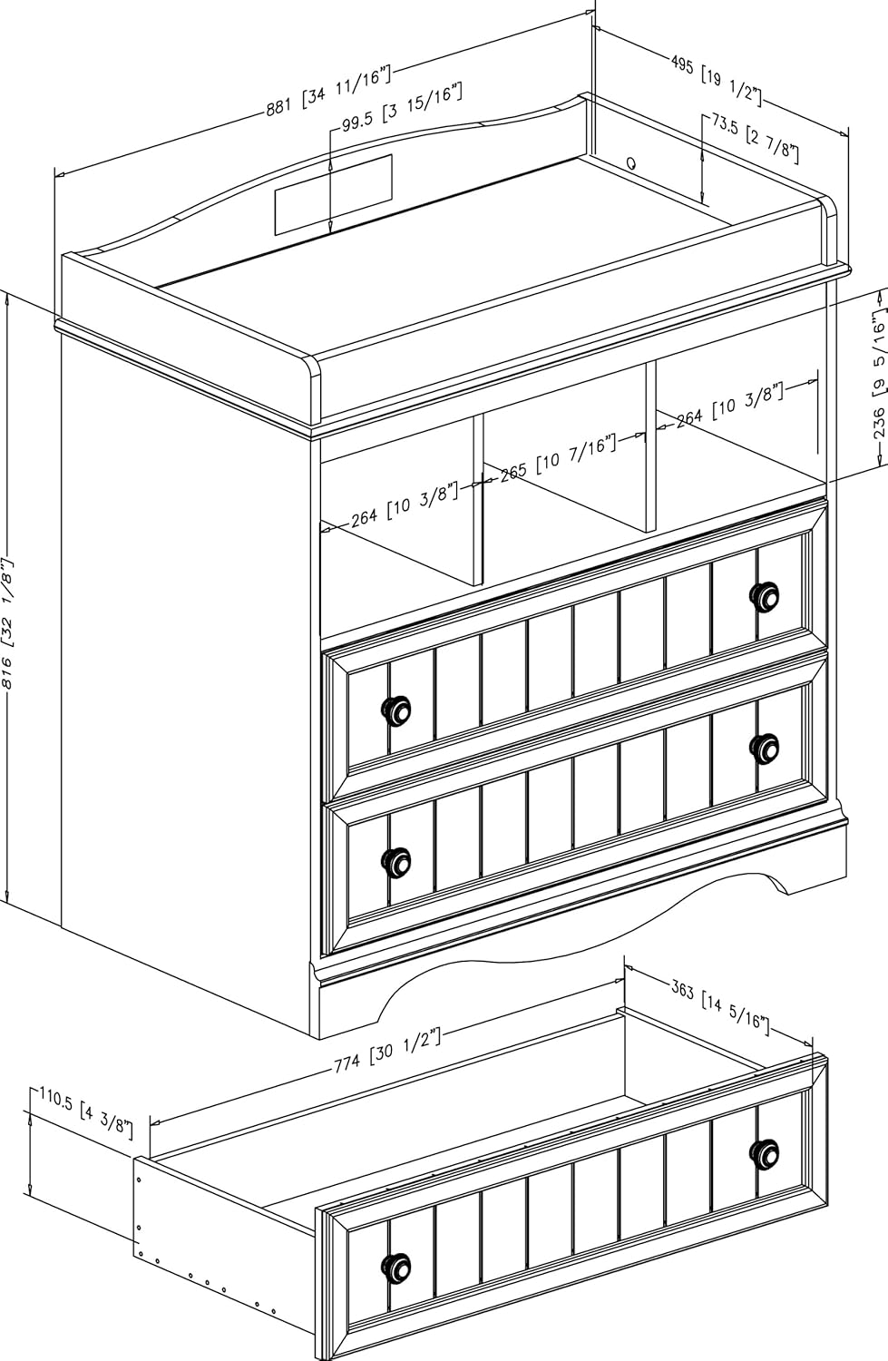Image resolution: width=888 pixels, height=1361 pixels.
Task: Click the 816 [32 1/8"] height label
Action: pos(8,626)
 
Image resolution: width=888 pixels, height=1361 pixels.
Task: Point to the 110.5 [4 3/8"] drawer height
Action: pos(86,1113)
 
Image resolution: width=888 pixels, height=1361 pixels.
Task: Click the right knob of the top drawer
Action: pos(765,595)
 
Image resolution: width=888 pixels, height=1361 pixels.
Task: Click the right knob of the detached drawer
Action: pos(765,1150)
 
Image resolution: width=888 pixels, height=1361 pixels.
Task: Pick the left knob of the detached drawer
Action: pos(396,1267)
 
